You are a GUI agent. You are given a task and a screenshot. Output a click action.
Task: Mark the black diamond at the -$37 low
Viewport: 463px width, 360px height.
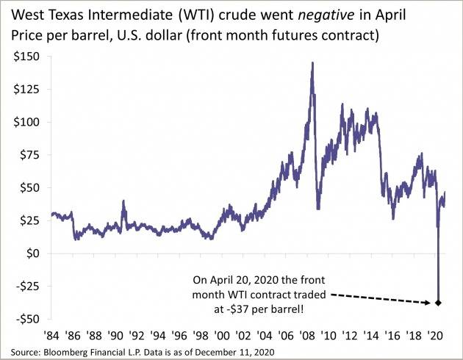[439, 303]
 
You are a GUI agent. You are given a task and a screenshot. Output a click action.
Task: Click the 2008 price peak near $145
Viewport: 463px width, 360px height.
[313, 63]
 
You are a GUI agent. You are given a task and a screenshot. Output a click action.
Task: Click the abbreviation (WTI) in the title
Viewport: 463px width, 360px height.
[172, 14]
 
